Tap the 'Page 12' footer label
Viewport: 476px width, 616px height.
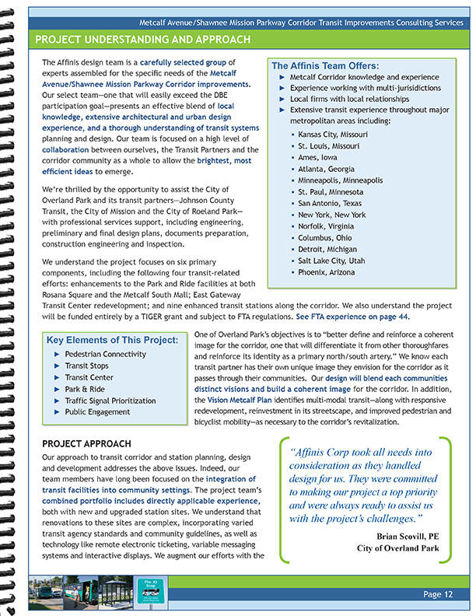pyautogui.click(x=439, y=595)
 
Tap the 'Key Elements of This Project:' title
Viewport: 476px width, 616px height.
pyautogui.click(x=112, y=340)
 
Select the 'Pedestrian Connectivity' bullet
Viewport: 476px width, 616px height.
pyautogui.click(x=105, y=354)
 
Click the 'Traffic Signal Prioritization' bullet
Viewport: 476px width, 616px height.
pyautogui.click(x=110, y=400)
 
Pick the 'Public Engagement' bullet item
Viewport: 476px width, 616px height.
pyautogui.click(x=97, y=411)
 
